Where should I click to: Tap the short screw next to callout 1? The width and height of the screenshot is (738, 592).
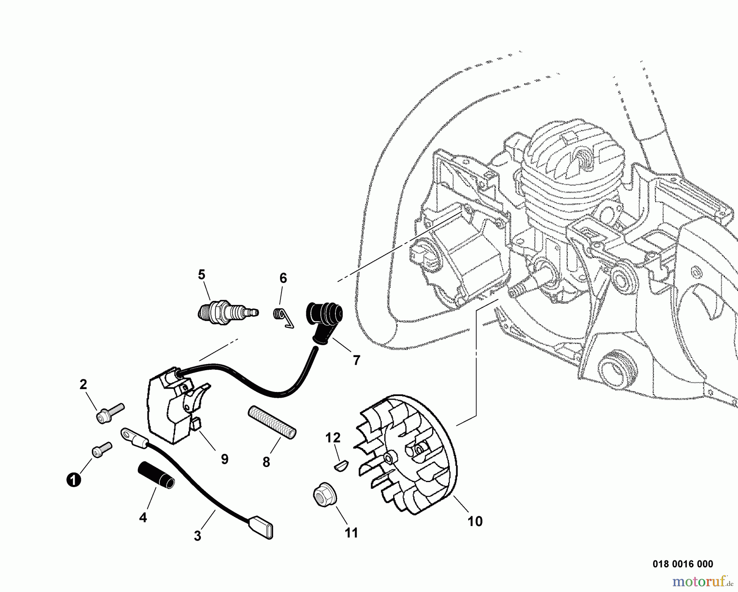(101, 449)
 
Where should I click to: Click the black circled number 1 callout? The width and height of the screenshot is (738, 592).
(73, 480)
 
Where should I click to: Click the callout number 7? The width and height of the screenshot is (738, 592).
(356, 360)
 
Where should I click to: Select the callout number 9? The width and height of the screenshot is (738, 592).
(224, 459)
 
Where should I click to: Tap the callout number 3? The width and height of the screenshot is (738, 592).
(198, 536)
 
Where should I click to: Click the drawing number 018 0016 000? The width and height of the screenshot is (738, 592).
(682, 564)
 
